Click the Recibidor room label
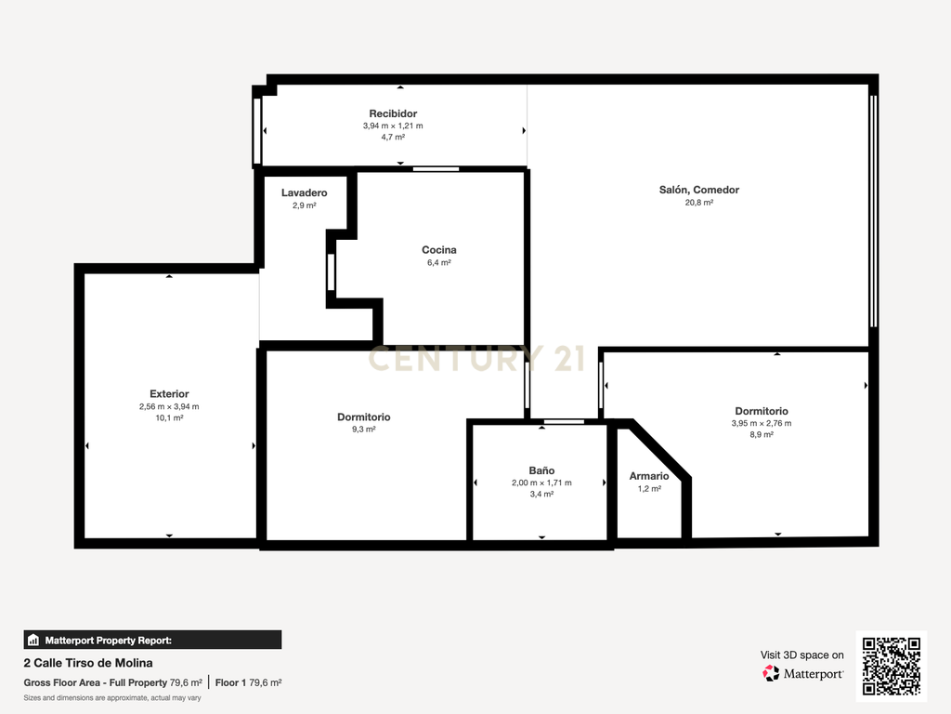coord(393,113)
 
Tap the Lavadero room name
coord(304,192)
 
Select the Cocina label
coord(439,249)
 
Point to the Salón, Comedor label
coord(698,190)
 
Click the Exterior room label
coord(169,393)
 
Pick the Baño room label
coord(541,469)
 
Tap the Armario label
coord(649,476)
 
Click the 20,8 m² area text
coord(698,202)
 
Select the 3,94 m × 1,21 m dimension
coord(393,126)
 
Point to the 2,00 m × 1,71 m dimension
coord(541,483)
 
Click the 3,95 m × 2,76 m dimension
coord(762,423)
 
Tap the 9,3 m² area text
coord(363,430)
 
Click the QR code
coord(892,666)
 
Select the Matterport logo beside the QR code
coord(803,673)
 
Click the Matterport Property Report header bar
coord(153,640)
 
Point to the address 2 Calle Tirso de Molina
coord(88,663)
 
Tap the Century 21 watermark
coord(476,358)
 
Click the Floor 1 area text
coord(248,682)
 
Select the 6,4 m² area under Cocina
coord(439,262)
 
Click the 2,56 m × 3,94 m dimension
coord(169,406)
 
